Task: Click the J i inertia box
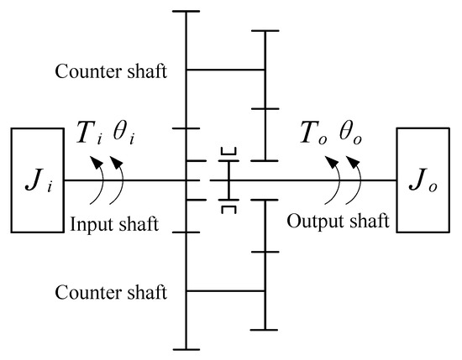point(39,180)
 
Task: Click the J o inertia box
point(424,180)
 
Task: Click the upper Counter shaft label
point(111,70)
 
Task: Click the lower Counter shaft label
point(111,293)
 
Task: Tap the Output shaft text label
point(338,222)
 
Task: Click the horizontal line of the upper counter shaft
point(225,70)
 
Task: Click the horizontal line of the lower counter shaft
point(225,290)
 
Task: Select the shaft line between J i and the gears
point(126,180)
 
